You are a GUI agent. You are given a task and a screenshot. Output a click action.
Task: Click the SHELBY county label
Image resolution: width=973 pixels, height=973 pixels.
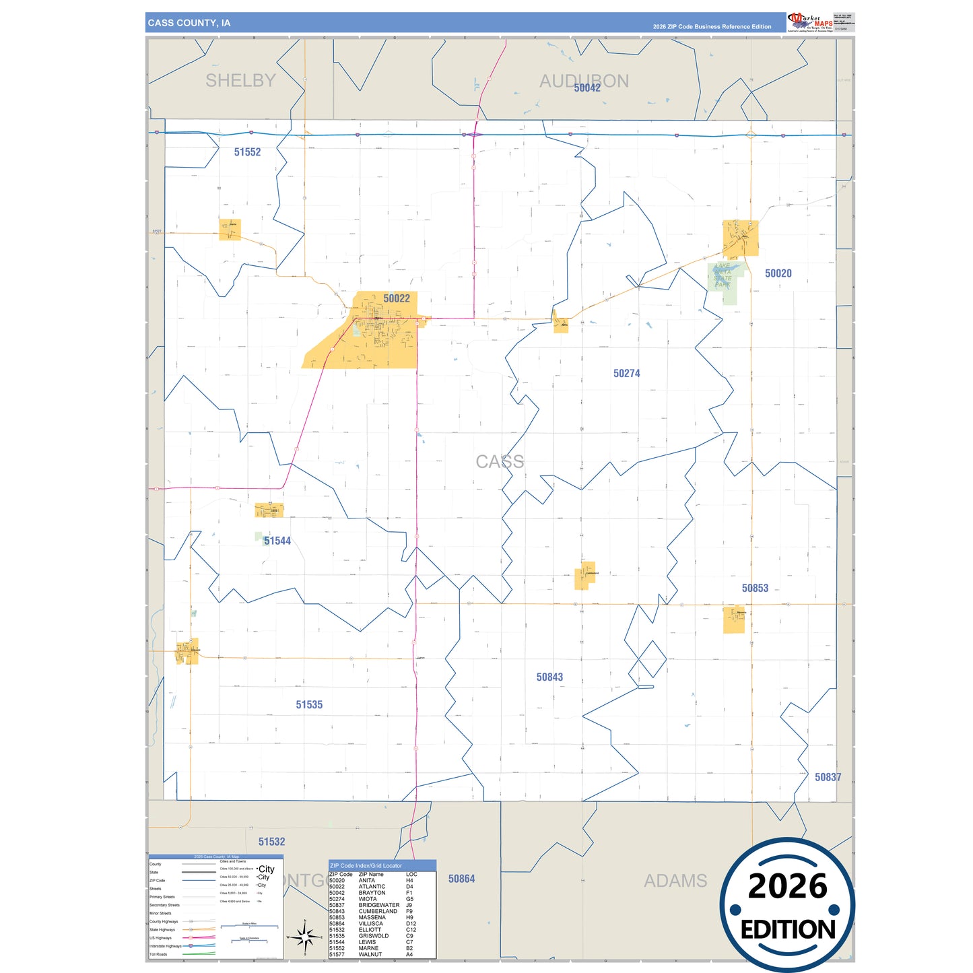pos(240,81)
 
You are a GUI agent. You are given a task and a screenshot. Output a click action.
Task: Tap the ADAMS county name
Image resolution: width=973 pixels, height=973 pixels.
pos(675,881)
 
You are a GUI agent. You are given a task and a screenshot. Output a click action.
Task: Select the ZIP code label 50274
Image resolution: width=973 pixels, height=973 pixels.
pos(626,374)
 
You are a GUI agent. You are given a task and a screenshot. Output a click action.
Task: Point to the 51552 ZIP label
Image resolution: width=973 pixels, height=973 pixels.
pos(247,152)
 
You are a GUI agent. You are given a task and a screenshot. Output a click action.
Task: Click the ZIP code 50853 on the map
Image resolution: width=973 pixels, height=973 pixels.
pos(755,589)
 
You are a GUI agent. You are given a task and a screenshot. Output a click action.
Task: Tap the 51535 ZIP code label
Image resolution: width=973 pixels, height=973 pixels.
pos(309,705)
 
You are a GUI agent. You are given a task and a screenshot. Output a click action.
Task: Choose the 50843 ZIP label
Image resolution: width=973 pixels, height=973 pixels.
pos(549,677)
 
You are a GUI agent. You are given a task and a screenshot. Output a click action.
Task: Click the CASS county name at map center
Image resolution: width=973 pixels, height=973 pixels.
pos(500,462)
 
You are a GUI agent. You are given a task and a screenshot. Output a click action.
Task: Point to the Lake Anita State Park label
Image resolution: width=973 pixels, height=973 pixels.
pos(723,275)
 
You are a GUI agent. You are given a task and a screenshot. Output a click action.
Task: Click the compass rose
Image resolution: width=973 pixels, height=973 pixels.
pos(305,936)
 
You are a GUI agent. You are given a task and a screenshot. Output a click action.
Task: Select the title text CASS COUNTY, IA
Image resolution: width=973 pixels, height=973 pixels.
pos(189,23)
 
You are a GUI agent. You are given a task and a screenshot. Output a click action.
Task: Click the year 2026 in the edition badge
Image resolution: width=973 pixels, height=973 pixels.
pos(787,887)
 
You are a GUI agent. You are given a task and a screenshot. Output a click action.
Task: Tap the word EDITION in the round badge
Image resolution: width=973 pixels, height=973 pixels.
pos(788,930)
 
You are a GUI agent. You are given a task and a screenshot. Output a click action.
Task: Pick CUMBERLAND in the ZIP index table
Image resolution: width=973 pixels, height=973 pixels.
pos(378,912)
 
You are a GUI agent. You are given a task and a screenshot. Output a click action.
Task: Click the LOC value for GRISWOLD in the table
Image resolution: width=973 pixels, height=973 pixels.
pos(409,936)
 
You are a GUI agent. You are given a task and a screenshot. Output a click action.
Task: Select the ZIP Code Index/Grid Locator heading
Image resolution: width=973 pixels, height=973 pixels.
pos(366,866)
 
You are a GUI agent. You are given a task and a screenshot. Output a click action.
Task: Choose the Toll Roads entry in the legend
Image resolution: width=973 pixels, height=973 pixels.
pos(158,954)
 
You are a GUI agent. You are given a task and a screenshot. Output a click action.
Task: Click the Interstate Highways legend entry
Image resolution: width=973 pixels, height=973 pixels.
pos(165,946)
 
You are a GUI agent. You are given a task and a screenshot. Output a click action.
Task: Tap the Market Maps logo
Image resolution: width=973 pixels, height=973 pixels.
pos(810,22)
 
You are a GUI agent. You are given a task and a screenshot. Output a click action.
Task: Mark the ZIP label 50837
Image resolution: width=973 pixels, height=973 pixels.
pos(828,778)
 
